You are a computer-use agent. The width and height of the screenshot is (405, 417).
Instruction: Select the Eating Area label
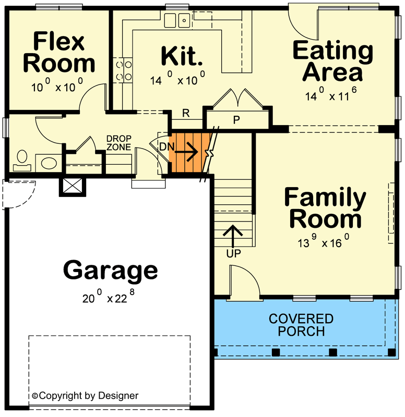pos(333,61)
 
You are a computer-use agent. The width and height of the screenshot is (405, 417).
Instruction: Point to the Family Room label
pos(325,208)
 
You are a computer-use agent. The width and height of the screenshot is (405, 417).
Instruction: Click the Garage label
pos(110,271)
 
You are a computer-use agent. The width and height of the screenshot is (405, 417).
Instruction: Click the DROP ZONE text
pos(118,143)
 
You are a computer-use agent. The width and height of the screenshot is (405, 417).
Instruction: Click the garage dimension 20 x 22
pos(110,298)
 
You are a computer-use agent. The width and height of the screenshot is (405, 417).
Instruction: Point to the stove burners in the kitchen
pos(123,70)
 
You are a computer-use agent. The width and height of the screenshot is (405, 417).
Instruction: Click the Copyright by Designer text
pos(86,396)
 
